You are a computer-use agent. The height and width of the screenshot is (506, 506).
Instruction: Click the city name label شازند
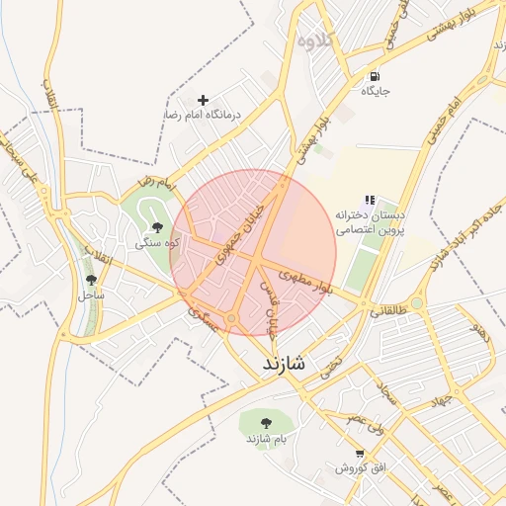pos(285,364)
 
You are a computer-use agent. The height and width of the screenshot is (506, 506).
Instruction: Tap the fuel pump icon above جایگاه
pos(375,76)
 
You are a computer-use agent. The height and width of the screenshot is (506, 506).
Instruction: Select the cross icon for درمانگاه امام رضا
pos(204,100)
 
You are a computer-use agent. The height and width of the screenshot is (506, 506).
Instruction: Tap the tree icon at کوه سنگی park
pos(157,227)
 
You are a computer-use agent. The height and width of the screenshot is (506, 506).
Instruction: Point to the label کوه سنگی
pos(156,242)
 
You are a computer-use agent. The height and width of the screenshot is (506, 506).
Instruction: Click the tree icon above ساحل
pos(92,280)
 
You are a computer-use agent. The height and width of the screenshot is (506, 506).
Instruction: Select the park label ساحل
pos(92,295)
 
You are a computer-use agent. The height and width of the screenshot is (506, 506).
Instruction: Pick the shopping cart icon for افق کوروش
pos(359,453)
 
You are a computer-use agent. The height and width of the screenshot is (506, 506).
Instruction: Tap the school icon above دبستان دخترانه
pos(371,200)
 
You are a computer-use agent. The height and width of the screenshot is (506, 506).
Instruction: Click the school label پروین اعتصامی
pos(372,228)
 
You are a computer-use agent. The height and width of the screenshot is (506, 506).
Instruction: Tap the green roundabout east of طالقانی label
pos(417,302)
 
